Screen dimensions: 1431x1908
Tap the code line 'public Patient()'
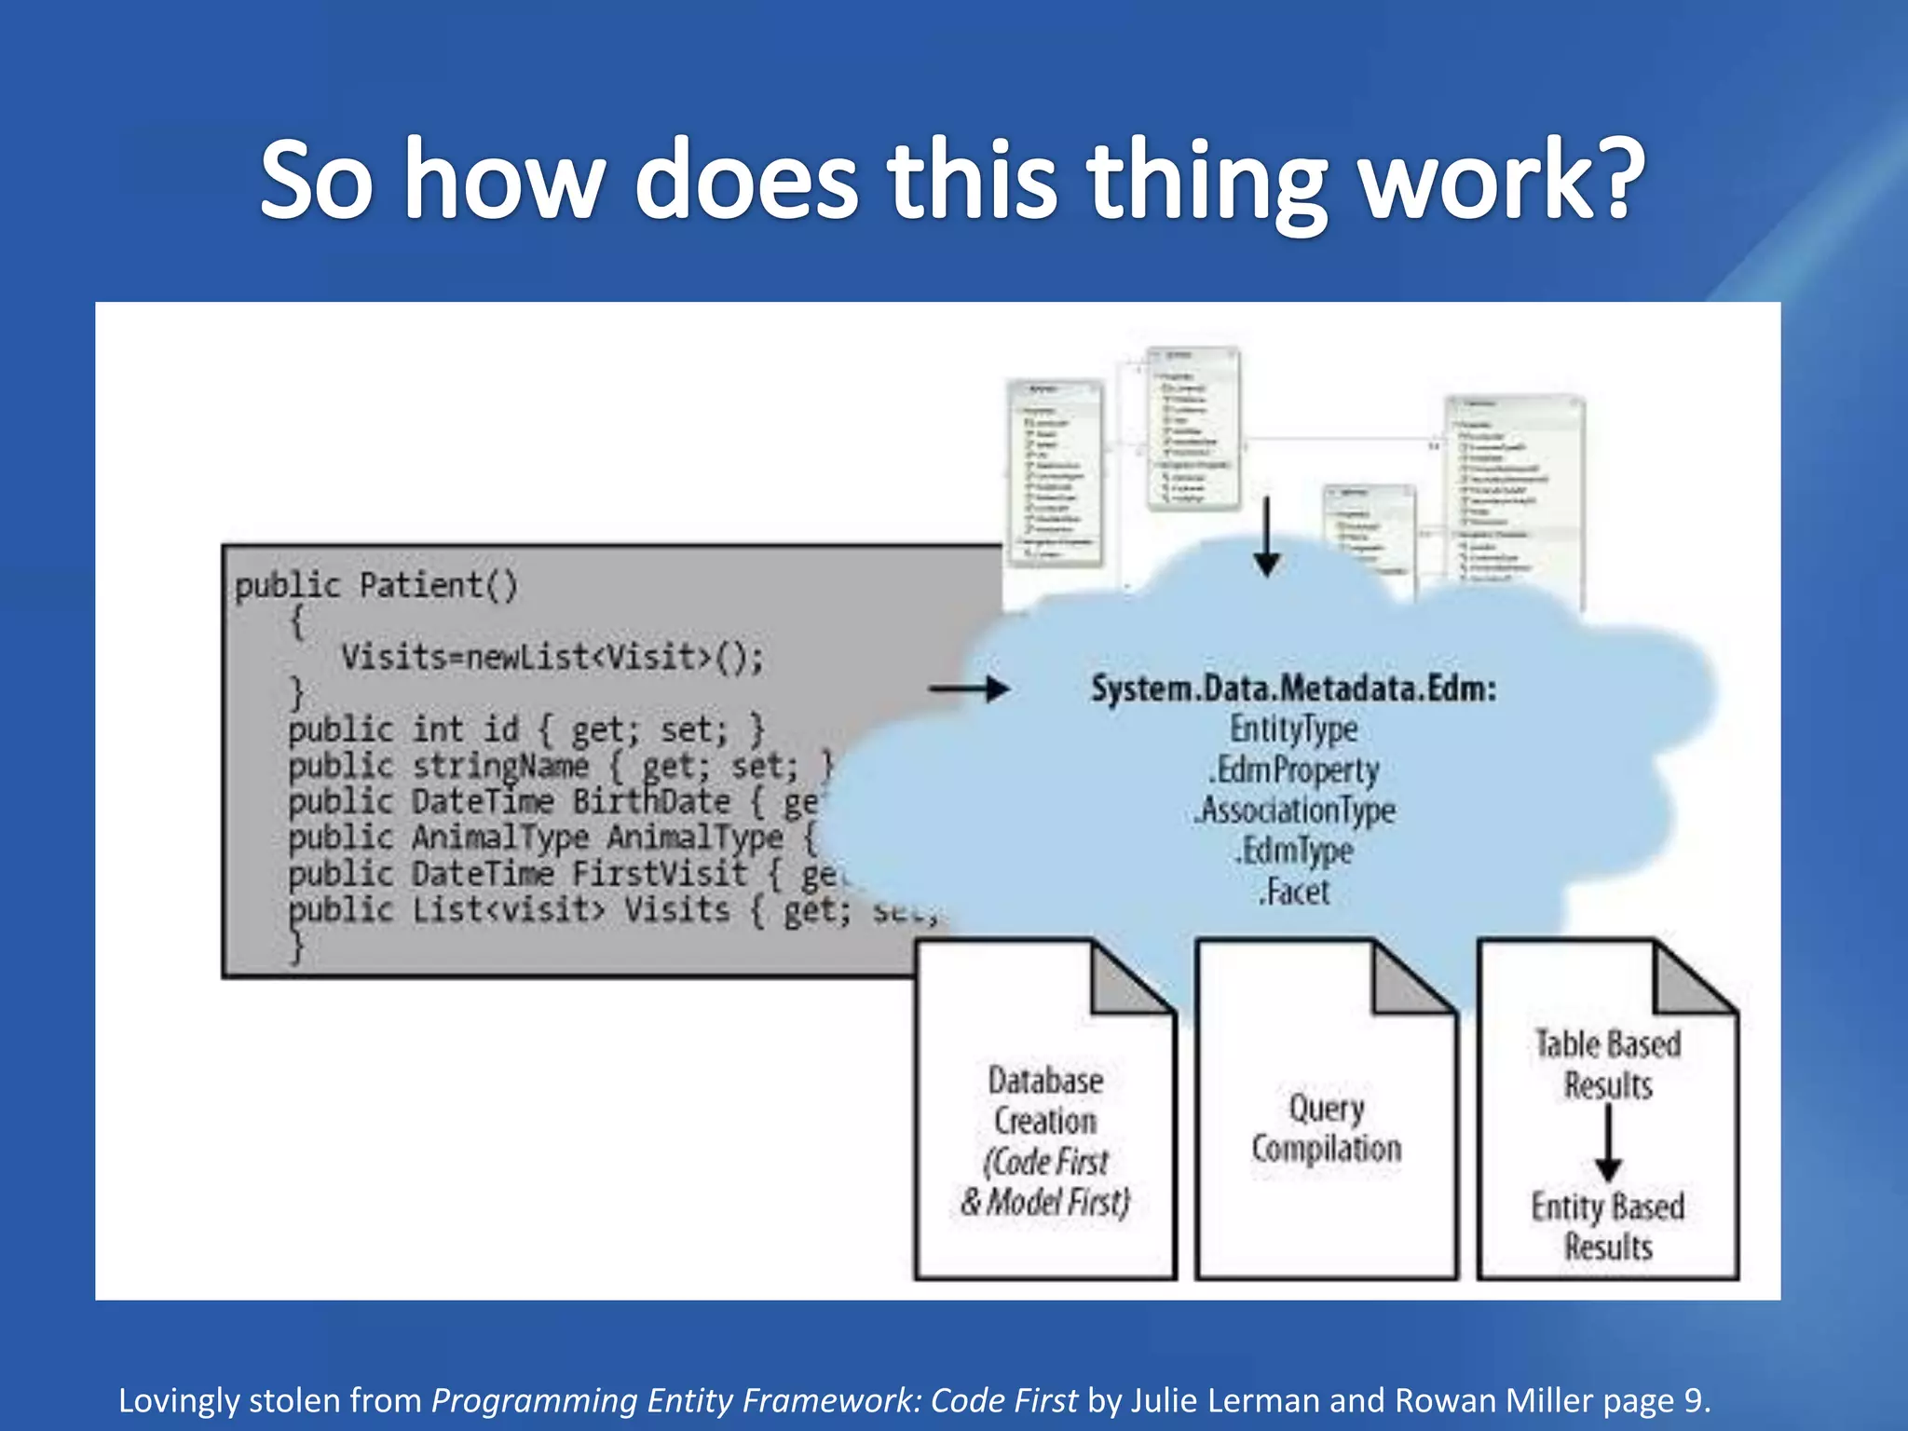(375, 586)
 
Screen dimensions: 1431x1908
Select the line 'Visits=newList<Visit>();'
(552, 658)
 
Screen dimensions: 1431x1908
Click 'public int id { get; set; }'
(525, 729)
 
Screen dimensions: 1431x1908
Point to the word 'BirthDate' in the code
(651, 802)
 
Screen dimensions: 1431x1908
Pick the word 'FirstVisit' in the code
(659, 874)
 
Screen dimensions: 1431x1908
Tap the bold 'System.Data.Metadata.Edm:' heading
(1293, 689)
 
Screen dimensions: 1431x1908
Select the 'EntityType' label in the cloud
(1293, 729)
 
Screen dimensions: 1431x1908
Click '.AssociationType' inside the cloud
(1295, 811)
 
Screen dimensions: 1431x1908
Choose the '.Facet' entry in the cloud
(1293, 893)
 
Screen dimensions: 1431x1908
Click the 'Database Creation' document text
(1045, 1101)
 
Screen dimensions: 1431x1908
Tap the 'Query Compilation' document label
(1326, 1128)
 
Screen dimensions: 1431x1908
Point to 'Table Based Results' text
(1608, 1065)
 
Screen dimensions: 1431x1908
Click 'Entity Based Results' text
(1608, 1226)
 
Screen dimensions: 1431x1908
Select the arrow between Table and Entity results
(1608, 1143)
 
